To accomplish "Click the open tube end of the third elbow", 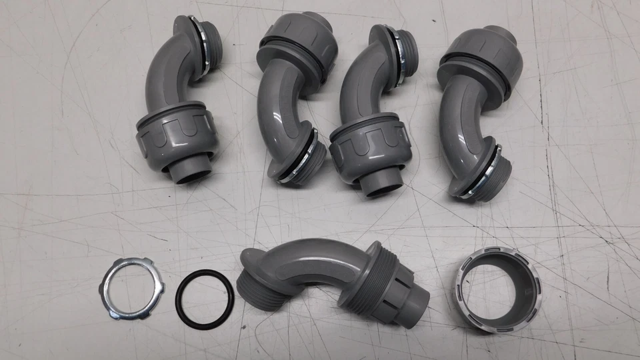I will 382,187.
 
